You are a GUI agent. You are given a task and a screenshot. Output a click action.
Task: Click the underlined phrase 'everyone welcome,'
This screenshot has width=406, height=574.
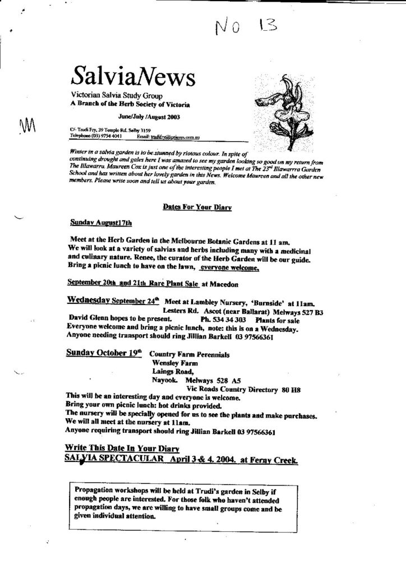pos(229,269)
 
